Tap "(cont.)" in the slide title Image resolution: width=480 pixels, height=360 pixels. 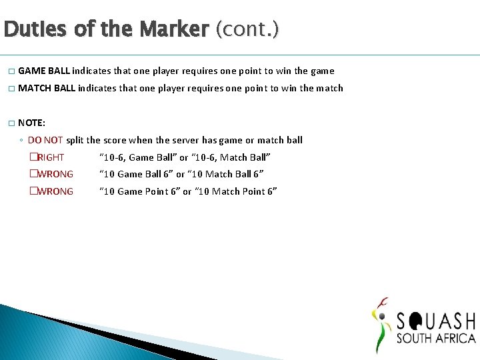coord(247,29)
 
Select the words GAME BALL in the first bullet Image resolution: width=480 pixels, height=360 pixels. coord(44,71)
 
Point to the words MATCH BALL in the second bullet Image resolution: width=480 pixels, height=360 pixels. coord(47,88)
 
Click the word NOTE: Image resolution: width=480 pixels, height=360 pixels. coord(32,123)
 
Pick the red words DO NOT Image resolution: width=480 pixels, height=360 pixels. coord(45,140)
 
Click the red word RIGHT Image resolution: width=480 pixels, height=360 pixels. coord(51,157)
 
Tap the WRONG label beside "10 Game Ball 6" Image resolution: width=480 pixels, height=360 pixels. coord(55,174)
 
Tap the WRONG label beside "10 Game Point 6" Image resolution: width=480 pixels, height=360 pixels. coord(55,191)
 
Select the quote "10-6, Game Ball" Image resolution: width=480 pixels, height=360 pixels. coord(138,157)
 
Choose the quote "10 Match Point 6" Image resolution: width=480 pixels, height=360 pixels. coord(233,191)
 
